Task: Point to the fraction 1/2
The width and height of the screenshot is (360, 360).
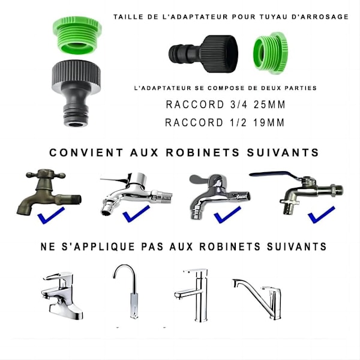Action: click(238, 122)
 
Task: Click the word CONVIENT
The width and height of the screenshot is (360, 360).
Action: click(86, 152)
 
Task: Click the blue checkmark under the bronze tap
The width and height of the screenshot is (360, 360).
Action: click(51, 215)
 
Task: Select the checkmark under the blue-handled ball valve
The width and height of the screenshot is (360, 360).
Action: click(321, 215)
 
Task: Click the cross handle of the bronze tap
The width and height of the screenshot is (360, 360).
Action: click(46, 174)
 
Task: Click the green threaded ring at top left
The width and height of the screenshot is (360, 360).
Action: click(77, 35)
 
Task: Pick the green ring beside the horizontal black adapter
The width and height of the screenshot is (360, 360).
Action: click(271, 53)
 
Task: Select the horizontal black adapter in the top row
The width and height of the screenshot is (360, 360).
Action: click(203, 54)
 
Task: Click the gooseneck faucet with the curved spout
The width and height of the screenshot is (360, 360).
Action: click(129, 291)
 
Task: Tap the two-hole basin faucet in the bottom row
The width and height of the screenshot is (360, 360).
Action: click(62, 296)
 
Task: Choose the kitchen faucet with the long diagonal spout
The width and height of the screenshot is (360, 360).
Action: click(257, 298)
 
